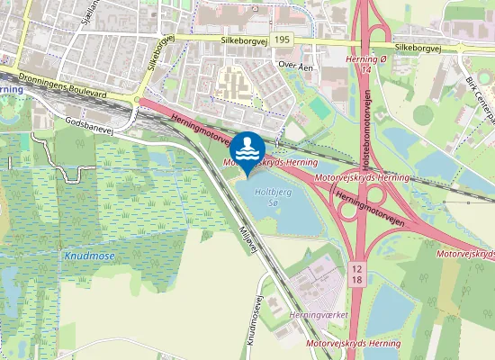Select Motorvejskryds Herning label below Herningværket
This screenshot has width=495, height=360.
354,344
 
